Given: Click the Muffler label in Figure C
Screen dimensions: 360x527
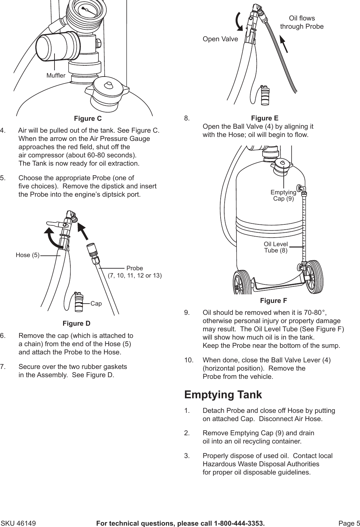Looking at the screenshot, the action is point(56,76).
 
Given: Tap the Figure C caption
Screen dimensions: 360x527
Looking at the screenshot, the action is point(88,118).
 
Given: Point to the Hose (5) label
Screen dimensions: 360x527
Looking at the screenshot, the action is point(27,255).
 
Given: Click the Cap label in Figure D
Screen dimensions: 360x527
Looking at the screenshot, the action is point(96,303).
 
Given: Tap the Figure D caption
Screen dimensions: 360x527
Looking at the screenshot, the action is point(76,323).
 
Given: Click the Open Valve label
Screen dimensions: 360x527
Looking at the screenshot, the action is point(220,39).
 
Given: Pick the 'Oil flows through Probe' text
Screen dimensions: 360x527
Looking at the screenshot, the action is point(302,22).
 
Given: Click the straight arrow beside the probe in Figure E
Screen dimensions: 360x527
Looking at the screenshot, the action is point(284,44).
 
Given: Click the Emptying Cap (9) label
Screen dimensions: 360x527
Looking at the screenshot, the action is point(283,195).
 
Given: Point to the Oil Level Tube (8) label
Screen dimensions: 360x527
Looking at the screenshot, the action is point(276,247).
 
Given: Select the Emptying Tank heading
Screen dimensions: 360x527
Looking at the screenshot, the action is point(223,395).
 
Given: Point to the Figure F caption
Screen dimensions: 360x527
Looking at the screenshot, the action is point(273,301).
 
